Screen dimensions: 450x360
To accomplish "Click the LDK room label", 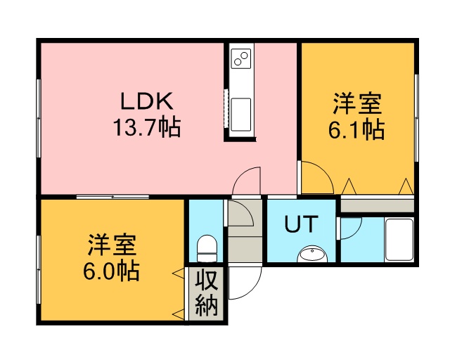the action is (147, 101).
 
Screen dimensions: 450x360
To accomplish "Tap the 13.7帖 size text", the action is (147, 127).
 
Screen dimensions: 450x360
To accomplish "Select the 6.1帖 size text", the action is (356, 129).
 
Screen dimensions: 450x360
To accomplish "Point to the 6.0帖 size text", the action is (111, 271).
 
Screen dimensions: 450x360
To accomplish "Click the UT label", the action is (302, 224).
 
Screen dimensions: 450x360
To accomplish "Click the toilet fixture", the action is (207, 249).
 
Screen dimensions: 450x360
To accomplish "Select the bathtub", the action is (399, 240).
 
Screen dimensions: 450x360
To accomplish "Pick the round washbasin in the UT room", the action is (312, 254).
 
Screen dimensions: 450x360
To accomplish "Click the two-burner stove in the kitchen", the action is (241, 58).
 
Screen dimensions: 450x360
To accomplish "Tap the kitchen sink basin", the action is (241, 115).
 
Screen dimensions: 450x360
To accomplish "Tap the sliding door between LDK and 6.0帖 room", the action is (112, 197).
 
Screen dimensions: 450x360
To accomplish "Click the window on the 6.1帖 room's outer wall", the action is (417, 118).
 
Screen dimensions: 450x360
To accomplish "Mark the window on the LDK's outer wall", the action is (39, 118).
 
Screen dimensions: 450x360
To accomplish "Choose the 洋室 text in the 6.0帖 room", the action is (112, 245).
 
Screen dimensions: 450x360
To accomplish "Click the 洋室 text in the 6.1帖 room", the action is (357, 103).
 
